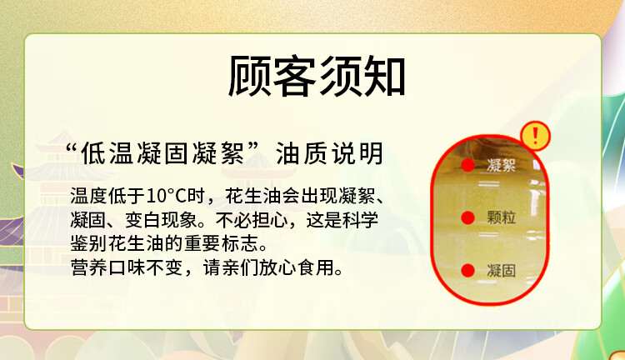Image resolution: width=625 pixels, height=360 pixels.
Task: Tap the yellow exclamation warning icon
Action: pos(536,135)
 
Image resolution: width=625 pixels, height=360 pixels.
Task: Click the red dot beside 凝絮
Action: pos(468,165)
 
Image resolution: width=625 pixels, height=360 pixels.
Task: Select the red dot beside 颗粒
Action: pos(468,217)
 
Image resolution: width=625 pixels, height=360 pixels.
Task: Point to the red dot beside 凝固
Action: pos(468,270)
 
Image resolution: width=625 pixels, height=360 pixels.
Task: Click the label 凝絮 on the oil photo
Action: pos(501,165)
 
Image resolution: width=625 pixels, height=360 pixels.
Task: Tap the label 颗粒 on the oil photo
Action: pos(501,217)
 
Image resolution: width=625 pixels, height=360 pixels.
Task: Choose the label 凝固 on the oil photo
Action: pos(501,270)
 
